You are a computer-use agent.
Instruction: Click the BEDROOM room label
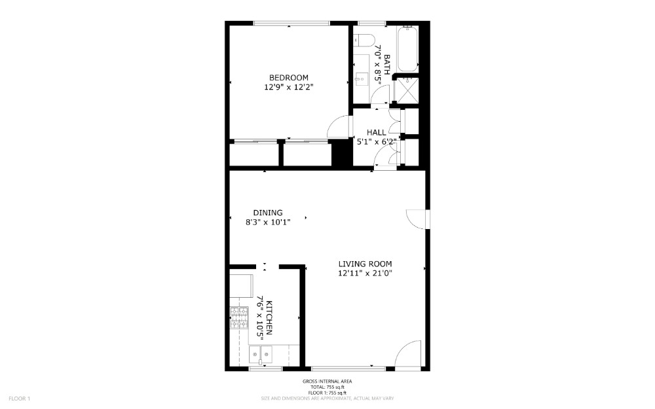[x=289, y=78]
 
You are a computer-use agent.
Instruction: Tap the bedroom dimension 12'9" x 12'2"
[x=289, y=87]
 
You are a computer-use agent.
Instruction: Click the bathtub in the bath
[x=407, y=49]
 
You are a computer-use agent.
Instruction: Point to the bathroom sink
[x=361, y=78]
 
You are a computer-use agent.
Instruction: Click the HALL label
[x=377, y=132]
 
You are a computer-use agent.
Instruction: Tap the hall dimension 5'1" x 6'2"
[x=375, y=142]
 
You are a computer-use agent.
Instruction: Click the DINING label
[x=268, y=213]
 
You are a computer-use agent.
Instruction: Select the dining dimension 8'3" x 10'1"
[x=268, y=222]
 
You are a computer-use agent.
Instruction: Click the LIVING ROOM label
[x=365, y=264]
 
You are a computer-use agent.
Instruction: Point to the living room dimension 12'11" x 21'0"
[x=365, y=274]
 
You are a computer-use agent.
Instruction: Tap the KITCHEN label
[x=269, y=317]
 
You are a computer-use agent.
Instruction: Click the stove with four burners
[x=239, y=317]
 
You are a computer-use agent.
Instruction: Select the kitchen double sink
[x=260, y=355]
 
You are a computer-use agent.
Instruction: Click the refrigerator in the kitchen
[x=241, y=286]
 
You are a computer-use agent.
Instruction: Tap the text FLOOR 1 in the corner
[x=19, y=399]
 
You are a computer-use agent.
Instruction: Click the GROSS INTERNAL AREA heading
[x=327, y=382]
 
